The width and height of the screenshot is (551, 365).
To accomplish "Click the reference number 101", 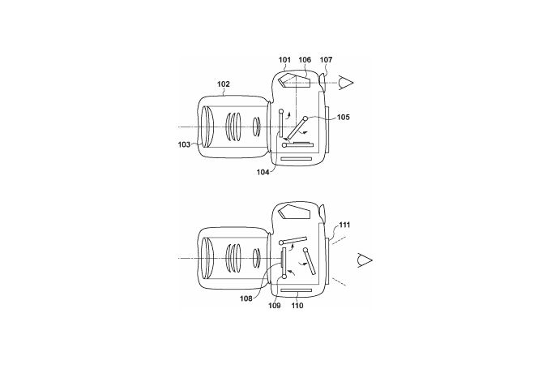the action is (x=284, y=60).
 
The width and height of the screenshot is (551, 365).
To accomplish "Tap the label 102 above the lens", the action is (x=224, y=84).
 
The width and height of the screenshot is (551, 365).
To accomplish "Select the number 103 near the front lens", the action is (x=184, y=144).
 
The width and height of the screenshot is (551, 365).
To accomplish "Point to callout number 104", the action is (x=263, y=172).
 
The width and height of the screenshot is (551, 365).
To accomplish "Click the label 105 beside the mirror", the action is (x=344, y=117).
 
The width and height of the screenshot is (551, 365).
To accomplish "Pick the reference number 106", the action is (x=305, y=60).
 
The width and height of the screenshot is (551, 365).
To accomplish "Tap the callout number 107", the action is (x=326, y=60).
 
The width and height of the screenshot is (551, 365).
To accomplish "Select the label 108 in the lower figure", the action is (x=246, y=298).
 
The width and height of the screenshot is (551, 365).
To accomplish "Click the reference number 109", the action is (x=275, y=306).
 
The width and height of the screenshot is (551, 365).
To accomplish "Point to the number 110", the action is (x=297, y=306).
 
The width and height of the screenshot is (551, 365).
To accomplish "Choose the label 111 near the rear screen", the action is (x=344, y=225).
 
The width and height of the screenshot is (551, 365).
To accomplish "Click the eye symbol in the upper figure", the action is (x=346, y=83).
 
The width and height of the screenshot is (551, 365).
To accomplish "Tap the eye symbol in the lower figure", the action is (x=365, y=260).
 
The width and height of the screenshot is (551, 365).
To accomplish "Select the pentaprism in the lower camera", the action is (x=294, y=213).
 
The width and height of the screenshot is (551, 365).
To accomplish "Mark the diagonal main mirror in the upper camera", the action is (x=297, y=128).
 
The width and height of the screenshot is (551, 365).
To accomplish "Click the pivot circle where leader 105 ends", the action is (x=305, y=119).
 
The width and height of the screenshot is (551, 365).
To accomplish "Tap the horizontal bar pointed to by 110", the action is (x=297, y=290).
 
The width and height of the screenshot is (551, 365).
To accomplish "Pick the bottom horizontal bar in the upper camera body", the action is (x=297, y=159).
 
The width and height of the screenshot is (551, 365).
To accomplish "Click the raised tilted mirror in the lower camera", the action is (x=293, y=241).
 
